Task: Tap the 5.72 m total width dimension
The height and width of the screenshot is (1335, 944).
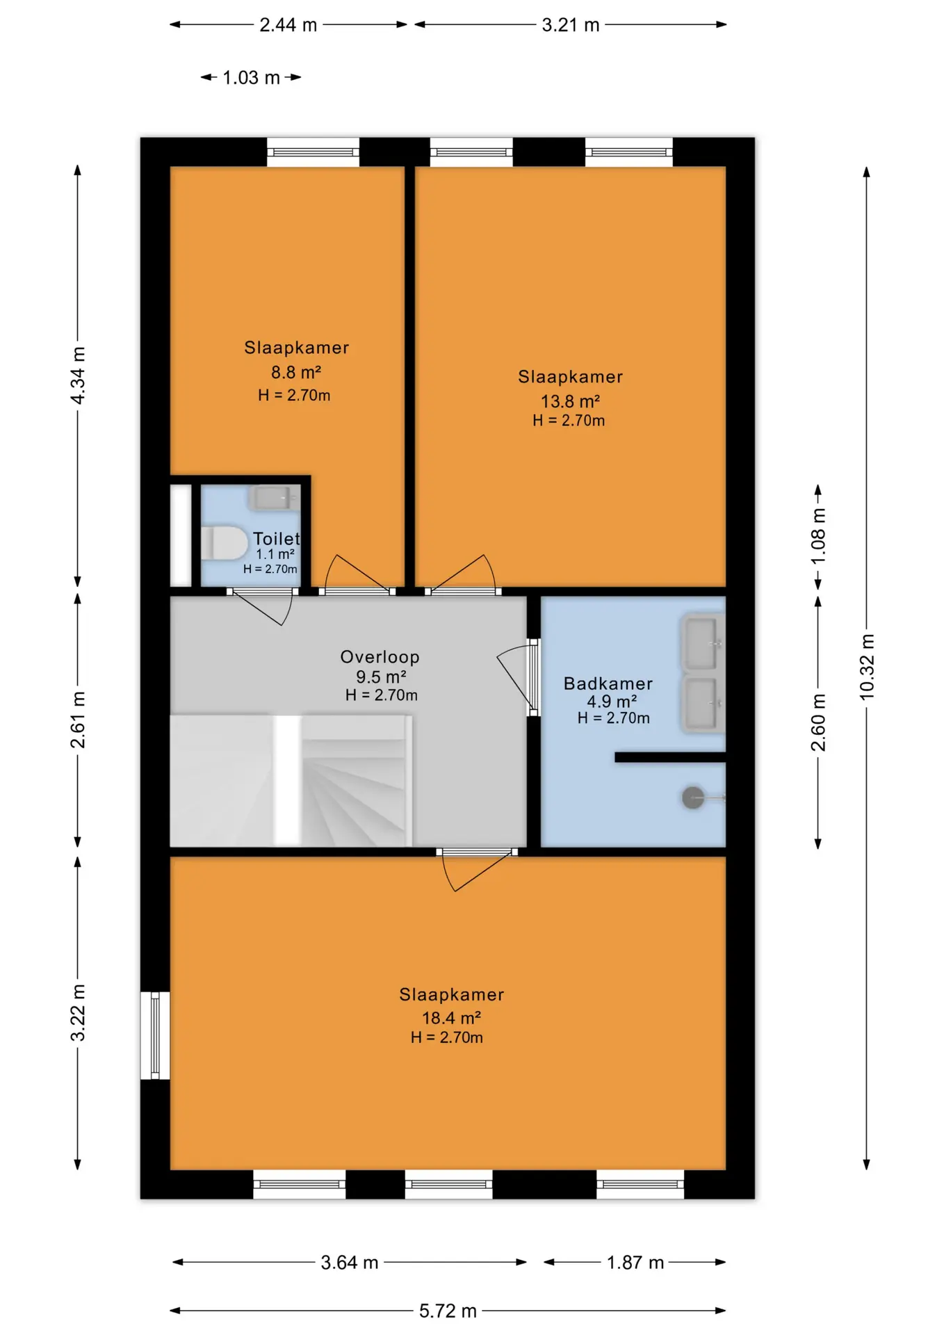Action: click(x=448, y=1311)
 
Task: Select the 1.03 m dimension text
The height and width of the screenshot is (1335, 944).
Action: click(x=251, y=77)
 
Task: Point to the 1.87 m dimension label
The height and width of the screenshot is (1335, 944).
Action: click(x=635, y=1262)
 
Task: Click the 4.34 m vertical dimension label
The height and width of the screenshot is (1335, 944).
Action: click(x=78, y=375)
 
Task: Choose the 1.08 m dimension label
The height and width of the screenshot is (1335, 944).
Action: click(x=818, y=536)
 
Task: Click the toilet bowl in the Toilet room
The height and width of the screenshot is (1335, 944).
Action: click(x=224, y=543)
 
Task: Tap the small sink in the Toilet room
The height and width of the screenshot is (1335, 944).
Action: click(x=272, y=498)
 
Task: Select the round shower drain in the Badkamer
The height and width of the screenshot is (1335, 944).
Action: click(x=693, y=798)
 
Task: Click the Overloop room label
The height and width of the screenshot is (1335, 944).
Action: click(x=380, y=657)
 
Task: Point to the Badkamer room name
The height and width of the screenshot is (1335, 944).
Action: click(x=608, y=683)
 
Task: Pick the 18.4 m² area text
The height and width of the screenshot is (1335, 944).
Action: click(x=451, y=1018)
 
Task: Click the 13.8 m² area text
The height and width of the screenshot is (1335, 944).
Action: click(x=570, y=401)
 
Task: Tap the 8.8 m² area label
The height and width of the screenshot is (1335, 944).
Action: click(x=296, y=372)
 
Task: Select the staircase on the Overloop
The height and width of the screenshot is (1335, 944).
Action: click(x=291, y=781)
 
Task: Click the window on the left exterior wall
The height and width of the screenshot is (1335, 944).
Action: click(x=155, y=1035)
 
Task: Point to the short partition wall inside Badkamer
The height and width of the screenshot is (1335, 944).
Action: click(x=670, y=757)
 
